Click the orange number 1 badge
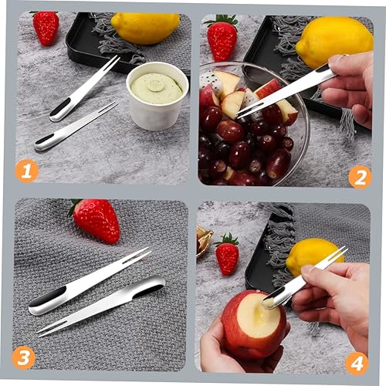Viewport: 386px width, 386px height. (26, 170)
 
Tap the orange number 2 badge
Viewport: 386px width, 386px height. (359, 177)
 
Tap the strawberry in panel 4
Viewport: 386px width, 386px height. (227, 255)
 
